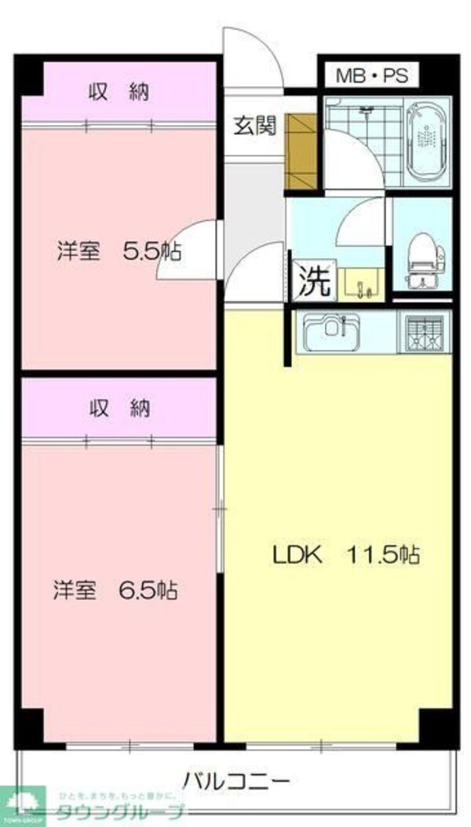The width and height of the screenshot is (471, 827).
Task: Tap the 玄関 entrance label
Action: (x=254, y=125)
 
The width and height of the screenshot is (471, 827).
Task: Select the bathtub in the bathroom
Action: (x=428, y=138)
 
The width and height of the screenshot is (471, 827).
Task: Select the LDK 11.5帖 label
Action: (x=345, y=554)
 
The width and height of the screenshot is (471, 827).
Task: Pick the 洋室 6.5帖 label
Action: (x=115, y=590)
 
